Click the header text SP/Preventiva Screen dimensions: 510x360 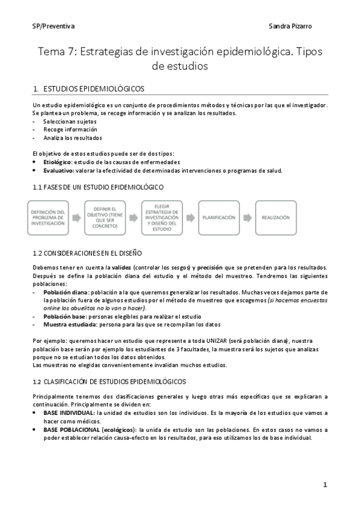pyautogui.click(x=53, y=27)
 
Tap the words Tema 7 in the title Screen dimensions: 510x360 pyautogui.click(x=56, y=52)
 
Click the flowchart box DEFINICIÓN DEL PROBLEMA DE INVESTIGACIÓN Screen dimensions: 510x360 pyautogui.click(x=49, y=217)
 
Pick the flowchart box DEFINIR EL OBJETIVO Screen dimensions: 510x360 pyautogui.click(x=105, y=217)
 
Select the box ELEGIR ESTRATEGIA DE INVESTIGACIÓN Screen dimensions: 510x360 pyautogui.click(x=162, y=217)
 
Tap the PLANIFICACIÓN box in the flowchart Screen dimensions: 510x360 pyautogui.click(x=219, y=217)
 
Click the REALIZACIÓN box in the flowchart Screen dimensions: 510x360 pyautogui.click(x=275, y=217)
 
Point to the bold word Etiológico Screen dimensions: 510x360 pyautogui.click(x=58, y=162)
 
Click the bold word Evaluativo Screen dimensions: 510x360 pyautogui.click(x=58, y=170)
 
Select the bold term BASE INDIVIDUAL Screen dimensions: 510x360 pyautogui.click(x=69, y=413)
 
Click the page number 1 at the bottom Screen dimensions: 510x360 pyautogui.click(x=325, y=485)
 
